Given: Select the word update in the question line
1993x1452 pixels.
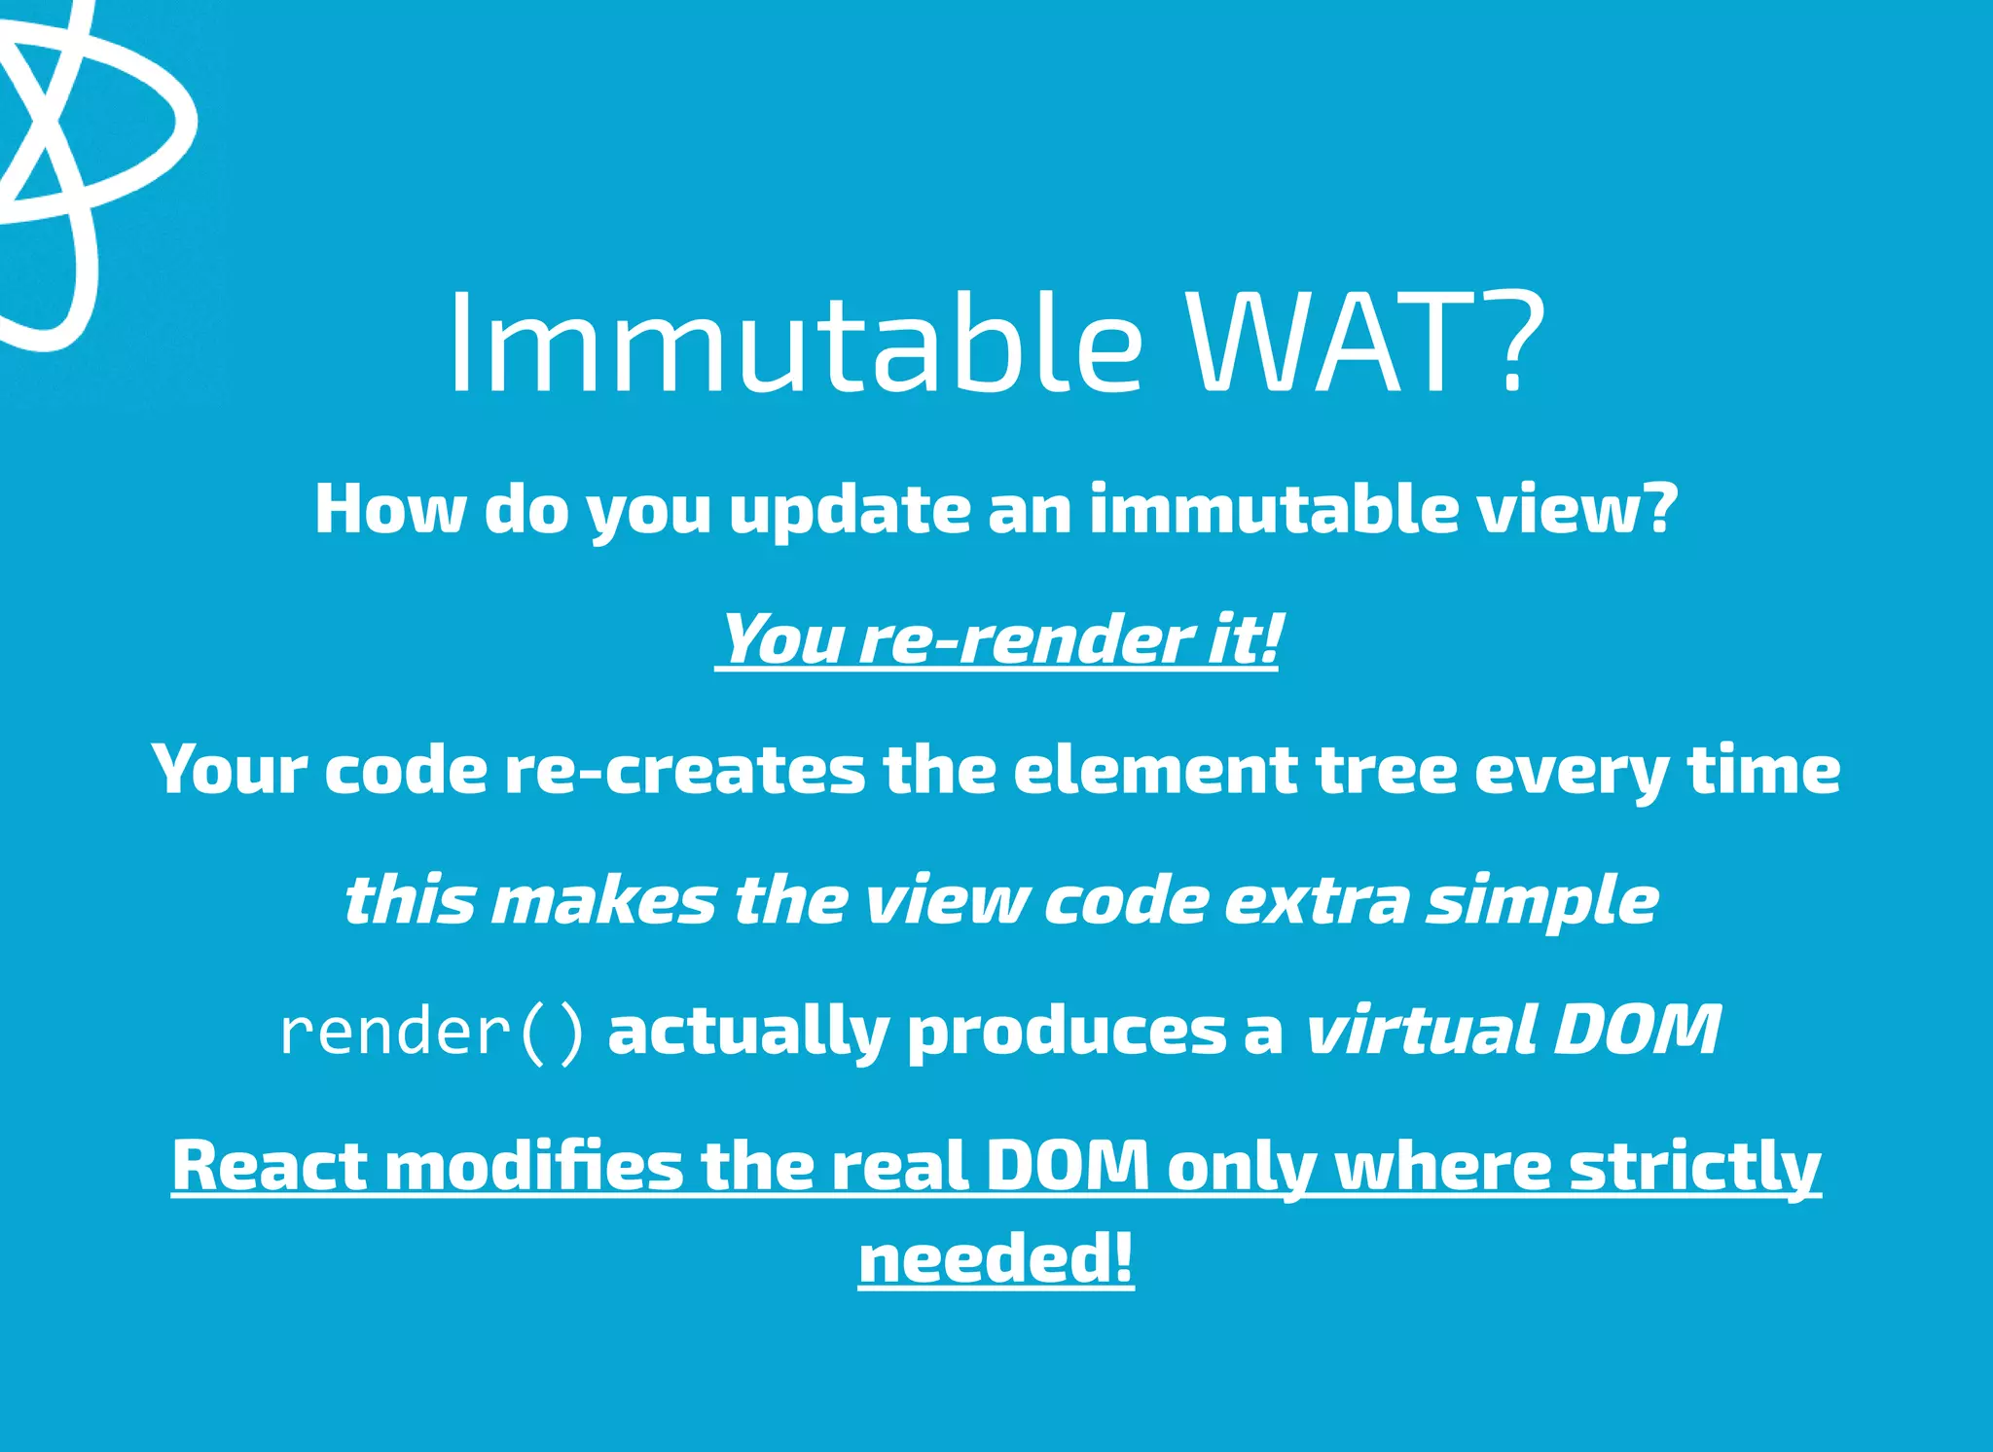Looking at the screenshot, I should coord(850,510).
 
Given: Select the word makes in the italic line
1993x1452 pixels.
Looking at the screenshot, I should coord(603,900).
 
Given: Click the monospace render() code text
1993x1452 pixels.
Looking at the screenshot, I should coord(433,1032).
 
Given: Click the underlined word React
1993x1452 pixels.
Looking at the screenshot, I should coord(270,1165).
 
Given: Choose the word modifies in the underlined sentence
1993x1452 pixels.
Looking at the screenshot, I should coord(534,1165).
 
